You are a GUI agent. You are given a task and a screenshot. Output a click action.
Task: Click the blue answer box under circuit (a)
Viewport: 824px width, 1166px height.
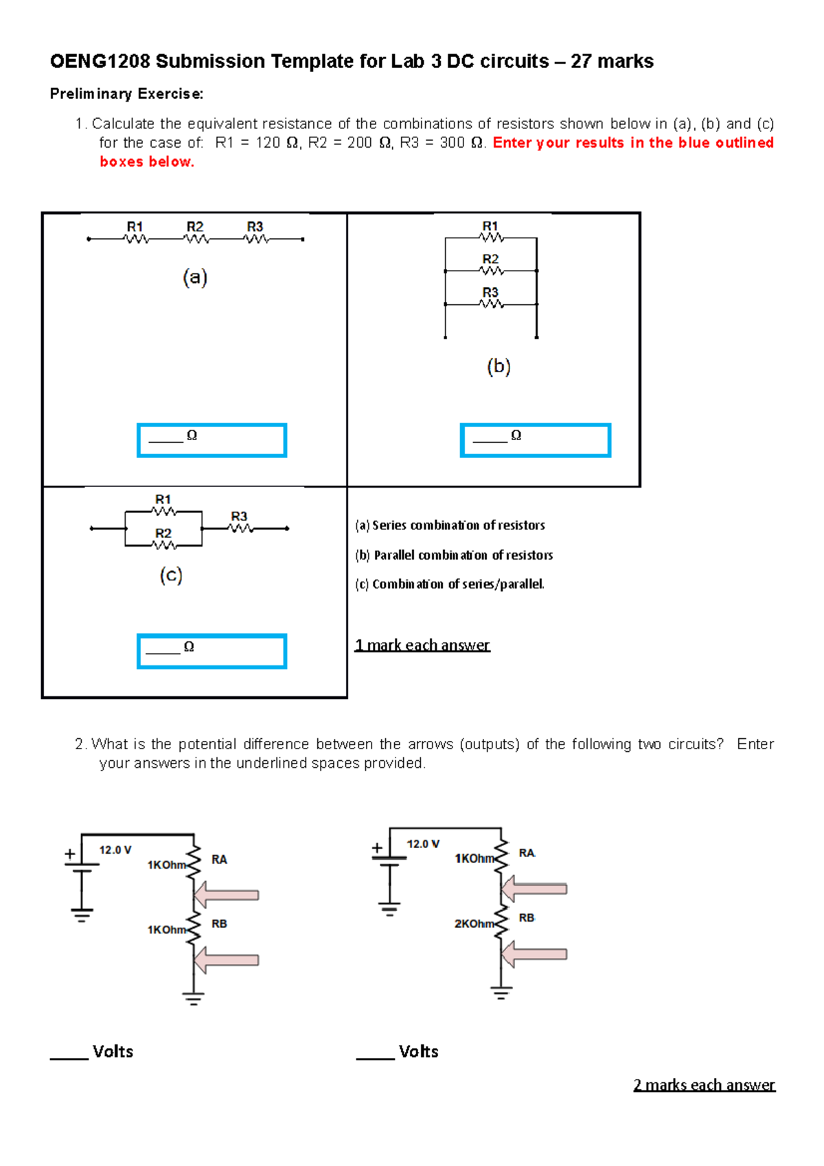pos(211,440)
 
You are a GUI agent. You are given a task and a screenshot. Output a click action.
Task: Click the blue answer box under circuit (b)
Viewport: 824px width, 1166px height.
pos(535,440)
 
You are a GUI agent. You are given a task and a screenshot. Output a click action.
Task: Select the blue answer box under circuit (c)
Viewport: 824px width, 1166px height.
pos(211,651)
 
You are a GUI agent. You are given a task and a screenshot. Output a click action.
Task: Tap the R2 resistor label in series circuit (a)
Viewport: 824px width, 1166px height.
pos(195,227)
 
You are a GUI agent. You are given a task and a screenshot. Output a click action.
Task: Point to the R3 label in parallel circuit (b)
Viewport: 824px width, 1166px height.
pos(490,293)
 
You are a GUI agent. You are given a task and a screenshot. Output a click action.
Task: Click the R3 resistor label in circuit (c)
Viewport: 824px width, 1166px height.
pos(239,516)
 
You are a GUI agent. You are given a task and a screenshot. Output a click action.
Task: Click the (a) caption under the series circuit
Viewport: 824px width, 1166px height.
pos(195,277)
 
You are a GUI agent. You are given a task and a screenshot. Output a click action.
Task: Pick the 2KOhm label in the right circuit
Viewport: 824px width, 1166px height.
pos(474,924)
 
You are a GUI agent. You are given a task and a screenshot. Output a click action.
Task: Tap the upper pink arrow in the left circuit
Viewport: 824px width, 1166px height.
pos(227,895)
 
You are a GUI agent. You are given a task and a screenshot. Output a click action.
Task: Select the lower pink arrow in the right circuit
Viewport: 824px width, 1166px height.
pos(534,954)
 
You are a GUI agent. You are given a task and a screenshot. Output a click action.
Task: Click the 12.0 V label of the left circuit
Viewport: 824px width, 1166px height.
pos(115,850)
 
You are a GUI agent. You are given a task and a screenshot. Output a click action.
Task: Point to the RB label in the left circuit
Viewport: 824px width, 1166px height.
pos(219,924)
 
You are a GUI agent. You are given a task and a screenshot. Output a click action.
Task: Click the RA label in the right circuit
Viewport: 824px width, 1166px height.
pos(527,853)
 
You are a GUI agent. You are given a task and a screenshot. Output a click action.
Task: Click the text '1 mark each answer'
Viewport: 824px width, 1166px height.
pos(422,645)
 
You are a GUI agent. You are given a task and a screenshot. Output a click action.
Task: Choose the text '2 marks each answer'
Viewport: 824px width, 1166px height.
pos(704,1085)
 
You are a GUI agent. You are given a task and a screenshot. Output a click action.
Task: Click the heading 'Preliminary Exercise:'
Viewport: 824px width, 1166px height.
pos(126,94)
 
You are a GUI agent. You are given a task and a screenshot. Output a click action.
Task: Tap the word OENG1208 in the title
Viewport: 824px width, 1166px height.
pos(100,62)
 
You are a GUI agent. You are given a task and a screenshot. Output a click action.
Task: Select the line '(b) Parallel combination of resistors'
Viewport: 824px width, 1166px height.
pos(454,555)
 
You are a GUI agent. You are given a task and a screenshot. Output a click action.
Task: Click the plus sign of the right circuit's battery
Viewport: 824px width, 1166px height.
pos(377,848)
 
